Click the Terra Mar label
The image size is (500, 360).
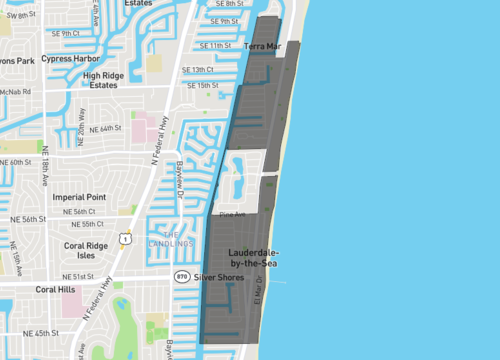pyautogui.click(x=262, y=46)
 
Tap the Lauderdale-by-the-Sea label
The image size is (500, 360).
pyautogui.click(x=261, y=257)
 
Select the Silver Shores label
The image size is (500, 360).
pyautogui.click(x=221, y=276)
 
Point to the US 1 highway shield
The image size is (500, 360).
pyautogui.click(x=124, y=238)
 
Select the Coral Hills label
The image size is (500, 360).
pyautogui.click(x=56, y=290)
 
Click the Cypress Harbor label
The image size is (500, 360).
pyautogui.click(x=73, y=58)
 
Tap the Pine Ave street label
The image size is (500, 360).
pyautogui.click(x=232, y=214)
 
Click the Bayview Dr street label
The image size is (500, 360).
pyautogui.click(x=181, y=179)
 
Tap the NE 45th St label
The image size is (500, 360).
pyautogui.click(x=41, y=332)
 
